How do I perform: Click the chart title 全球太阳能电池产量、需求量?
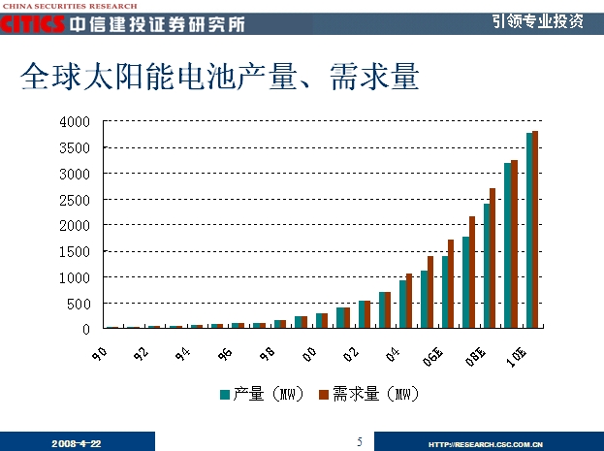pyautogui.click(x=219, y=78)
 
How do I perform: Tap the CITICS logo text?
pyautogui.click(x=33, y=23)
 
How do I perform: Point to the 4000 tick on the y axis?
pyautogui.click(x=75, y=122)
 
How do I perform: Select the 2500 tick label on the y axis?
pyautogui.click(x=75, y=200)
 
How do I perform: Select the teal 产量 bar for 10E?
pyautogui.click(x=529, y=231)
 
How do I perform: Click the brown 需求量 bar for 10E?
pyautogui.click(x=535, y=230)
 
